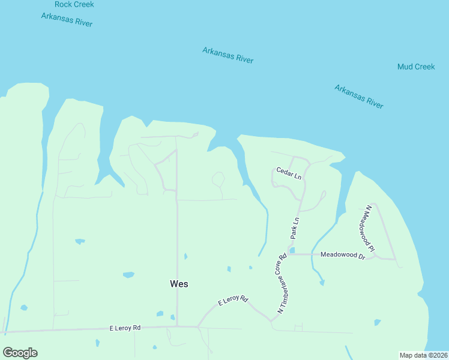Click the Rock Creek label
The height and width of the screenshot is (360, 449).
[74, 4]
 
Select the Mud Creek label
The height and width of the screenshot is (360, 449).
[416, 67]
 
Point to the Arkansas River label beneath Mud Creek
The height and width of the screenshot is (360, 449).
[358, 97]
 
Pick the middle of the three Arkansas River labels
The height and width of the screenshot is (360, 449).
[228, 55]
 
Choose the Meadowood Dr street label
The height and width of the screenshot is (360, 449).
[343, 255]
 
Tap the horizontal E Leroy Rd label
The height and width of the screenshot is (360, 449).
[125, 328]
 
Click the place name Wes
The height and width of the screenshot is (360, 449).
[179, 284]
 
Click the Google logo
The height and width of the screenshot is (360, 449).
[20, 353]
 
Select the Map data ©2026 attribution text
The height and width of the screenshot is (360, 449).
[423, 355]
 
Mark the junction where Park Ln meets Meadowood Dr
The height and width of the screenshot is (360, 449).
[289, 254]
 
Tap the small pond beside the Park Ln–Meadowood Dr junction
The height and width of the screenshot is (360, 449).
[292, 250]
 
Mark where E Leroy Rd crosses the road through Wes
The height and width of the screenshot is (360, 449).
[177, 327]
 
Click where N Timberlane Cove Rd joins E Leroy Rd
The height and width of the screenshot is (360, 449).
[272, 321]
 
